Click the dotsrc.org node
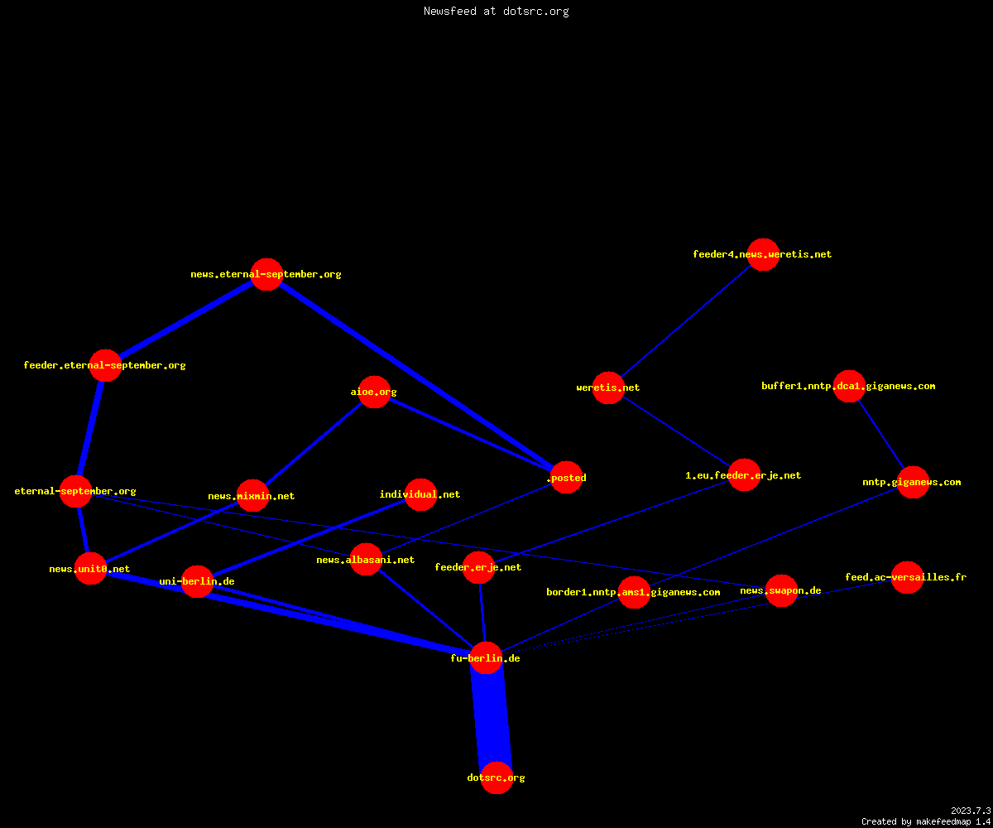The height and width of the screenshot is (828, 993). point(496,777)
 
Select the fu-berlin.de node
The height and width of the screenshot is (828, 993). point(486,657)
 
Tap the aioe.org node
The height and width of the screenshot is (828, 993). point(374,392)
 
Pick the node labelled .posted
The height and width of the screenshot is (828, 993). point(566,477)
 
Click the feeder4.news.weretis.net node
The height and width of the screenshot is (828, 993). point(763,254)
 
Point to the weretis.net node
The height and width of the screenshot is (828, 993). point(608,388)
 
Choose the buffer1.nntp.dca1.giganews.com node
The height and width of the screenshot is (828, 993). point(849,386)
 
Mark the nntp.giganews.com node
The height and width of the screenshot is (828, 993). point(913,482)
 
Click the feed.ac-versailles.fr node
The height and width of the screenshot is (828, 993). point(907,577)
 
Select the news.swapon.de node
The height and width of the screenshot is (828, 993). point(781,590)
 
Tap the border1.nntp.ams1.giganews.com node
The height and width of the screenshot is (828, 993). point(634,592)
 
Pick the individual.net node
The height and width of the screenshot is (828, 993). point(420,494)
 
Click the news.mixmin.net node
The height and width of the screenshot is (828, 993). point(252,495)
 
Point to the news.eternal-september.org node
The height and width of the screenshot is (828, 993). point(266,274)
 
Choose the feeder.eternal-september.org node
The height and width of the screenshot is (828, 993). point(106,365)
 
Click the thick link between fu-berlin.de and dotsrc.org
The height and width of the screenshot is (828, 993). point(492,718)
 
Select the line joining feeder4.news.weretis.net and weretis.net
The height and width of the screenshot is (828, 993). point(686,320)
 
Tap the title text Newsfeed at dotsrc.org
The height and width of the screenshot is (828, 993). point(496,11)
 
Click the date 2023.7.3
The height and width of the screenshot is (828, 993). point(971,811)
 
